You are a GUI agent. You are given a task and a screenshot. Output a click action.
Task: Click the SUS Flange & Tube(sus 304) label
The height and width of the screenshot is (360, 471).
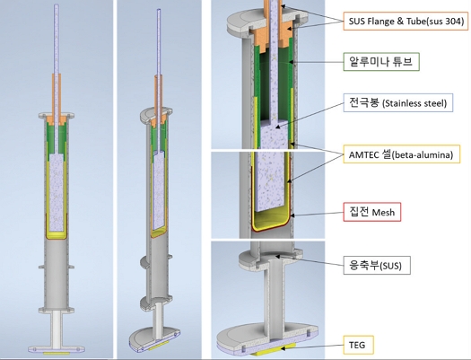(406, 21)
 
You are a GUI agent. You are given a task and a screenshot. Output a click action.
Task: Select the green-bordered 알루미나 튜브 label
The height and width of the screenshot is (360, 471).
(381, 62)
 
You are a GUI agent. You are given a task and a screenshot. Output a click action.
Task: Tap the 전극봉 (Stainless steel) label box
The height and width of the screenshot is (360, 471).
(398, 103)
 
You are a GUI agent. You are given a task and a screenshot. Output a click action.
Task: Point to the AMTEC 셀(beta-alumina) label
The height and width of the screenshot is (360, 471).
(402, 154)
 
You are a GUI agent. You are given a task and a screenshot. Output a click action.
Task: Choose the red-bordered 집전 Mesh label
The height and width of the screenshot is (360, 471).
(372, 212)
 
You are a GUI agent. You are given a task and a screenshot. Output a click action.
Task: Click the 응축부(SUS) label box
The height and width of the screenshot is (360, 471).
(377, 265)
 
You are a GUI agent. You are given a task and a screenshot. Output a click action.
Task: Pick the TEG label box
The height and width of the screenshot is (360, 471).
(358, 345)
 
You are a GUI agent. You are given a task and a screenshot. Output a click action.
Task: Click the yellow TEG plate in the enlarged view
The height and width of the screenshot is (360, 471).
(273, 352)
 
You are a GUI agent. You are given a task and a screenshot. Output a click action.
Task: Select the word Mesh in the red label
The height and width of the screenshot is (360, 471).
(383, 213)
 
